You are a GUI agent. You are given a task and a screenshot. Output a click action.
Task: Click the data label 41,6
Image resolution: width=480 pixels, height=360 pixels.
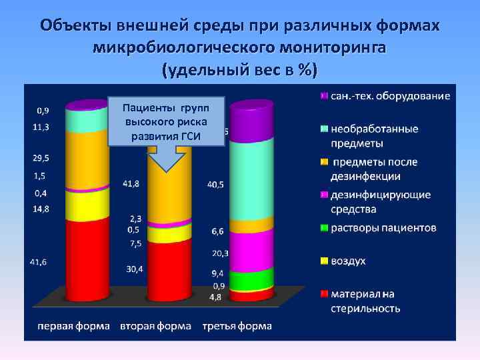[x=38, y=263]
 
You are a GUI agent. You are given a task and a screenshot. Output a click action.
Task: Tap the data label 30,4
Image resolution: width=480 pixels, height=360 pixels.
[x=133, y=269]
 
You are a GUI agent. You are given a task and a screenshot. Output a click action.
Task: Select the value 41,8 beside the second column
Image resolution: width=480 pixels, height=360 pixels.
[x=131, y=184]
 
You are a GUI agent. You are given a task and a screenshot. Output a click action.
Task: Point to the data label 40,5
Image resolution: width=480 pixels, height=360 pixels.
[x=215, y=185]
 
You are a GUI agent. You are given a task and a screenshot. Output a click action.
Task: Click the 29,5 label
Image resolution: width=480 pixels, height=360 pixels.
[x=39, y=157]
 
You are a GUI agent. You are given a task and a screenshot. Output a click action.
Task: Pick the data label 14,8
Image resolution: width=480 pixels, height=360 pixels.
[x=39, y=209]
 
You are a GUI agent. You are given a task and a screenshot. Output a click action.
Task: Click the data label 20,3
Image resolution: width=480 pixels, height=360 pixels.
[x=219, y=253]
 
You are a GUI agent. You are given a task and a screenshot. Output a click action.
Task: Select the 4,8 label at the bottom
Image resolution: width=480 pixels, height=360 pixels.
[x=215, y=297]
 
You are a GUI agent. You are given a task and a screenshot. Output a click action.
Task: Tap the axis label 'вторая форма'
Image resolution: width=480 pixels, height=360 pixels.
[x=156, y=326]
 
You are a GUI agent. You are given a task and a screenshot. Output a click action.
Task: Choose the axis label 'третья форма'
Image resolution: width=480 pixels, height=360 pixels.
[x=237, y=326]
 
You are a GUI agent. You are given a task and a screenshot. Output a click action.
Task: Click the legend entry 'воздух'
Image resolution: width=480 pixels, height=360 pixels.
[x=348, y=261]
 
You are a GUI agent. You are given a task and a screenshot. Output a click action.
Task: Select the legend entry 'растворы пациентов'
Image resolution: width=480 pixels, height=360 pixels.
[x=383, y=228]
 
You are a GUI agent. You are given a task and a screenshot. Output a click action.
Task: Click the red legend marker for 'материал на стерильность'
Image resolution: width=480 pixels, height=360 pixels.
[x=324, y=293]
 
